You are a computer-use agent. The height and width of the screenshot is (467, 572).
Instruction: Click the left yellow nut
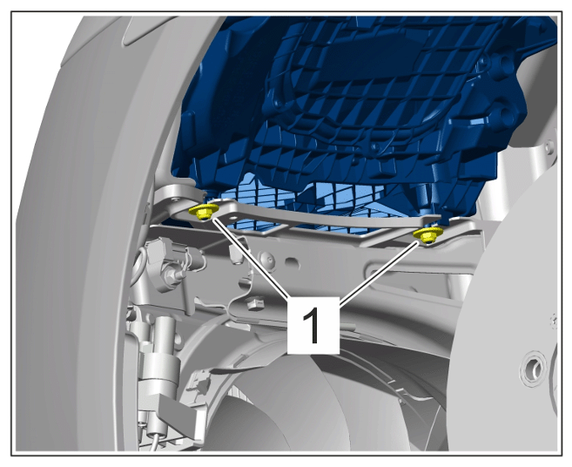[204, 212]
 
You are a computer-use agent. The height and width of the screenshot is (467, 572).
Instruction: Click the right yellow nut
[427, 235]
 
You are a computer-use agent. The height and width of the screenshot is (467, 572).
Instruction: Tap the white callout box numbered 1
[313, 325]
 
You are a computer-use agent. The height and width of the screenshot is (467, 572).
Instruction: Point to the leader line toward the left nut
[250, 257]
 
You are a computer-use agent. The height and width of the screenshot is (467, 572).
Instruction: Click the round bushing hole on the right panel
[533, 368]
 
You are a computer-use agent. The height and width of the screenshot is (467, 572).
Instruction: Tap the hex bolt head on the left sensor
[171, 273]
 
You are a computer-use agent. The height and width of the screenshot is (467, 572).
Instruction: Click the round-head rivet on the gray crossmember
[266, 260]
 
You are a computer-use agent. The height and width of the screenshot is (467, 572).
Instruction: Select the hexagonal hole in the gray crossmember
[293, 262]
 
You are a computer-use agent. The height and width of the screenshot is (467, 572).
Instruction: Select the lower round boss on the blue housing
[504, 114]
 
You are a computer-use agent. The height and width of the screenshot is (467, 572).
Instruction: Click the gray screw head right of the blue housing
[549, 146]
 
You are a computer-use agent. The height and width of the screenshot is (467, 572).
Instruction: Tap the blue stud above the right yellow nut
[422, 200]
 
